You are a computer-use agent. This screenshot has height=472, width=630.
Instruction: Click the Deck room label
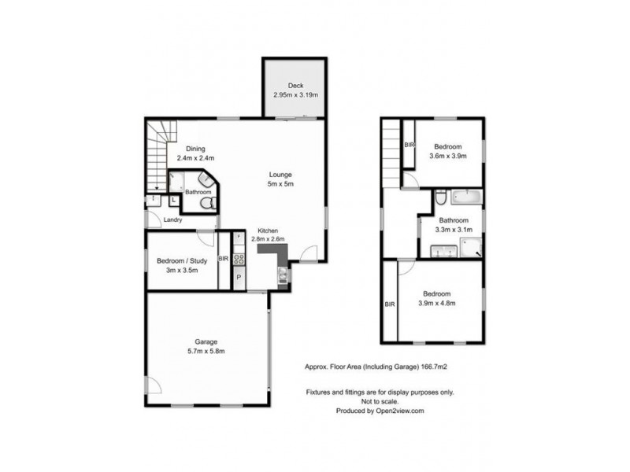click(296, 86)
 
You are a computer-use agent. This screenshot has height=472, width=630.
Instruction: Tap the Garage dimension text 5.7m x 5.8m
click(206, 351)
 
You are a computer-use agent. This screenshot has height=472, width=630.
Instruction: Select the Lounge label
click(280, 175)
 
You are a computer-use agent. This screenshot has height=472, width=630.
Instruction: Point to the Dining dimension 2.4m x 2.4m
click(195, 158)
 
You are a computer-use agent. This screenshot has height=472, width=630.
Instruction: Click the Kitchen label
click(268, 230)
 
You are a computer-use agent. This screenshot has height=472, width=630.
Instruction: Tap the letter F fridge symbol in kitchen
click(239, 238)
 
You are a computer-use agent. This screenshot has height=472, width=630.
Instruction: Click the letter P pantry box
click(239, 277)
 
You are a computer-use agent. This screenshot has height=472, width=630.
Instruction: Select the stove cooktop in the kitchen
click(239, 260)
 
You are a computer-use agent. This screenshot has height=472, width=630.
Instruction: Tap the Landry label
click(172, 220)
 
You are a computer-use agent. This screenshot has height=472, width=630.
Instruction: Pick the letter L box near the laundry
click(174, 200)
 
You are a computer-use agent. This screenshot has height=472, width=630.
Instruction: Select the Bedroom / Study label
click(182, 261)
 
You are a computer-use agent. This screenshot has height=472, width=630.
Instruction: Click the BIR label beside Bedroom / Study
click(224, 259)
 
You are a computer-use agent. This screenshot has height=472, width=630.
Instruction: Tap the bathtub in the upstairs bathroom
click(466, 197)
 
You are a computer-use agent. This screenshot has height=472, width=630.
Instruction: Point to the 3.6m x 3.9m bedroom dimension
click(448, 156)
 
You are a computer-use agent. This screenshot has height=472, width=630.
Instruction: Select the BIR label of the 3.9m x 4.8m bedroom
click(390, 304)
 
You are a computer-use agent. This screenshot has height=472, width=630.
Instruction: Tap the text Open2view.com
click(400, 411)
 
